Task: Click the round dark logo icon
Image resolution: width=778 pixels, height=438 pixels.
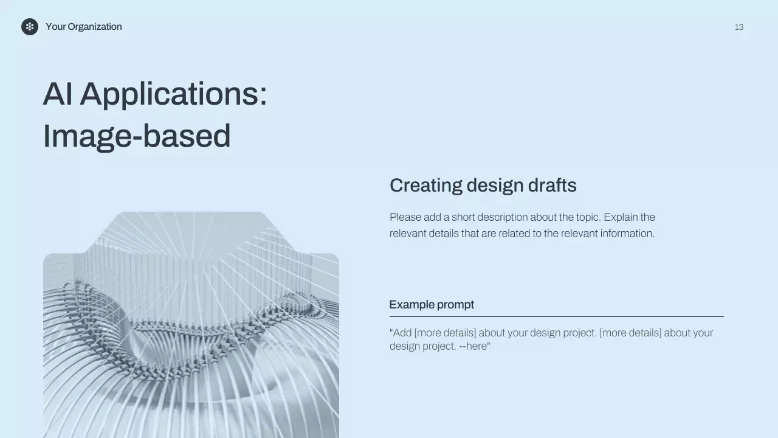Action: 30,27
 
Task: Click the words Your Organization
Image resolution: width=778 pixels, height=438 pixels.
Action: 84,27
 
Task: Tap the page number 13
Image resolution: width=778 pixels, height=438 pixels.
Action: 739,27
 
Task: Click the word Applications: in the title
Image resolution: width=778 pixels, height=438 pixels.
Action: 174,95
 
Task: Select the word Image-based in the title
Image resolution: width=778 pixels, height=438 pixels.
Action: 137,136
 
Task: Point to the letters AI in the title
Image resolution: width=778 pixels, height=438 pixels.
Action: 58,94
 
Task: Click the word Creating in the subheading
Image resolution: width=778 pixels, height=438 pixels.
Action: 426,186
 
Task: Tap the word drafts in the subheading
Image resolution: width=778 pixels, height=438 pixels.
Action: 553,185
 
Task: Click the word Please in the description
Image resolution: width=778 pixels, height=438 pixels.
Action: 405,217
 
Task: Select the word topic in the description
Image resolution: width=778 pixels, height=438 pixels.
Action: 588,218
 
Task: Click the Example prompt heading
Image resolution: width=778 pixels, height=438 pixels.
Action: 432,305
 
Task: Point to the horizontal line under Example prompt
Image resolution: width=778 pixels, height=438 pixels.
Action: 556,317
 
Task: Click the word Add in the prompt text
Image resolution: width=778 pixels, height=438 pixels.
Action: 402,333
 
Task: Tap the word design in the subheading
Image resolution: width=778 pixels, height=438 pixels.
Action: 495,186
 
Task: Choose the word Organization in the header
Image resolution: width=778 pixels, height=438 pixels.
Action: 95,27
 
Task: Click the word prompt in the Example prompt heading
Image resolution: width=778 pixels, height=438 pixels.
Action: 455,305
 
